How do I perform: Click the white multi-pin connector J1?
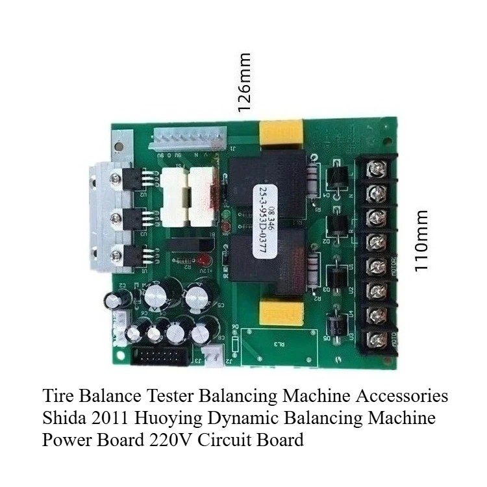(188, 138)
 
